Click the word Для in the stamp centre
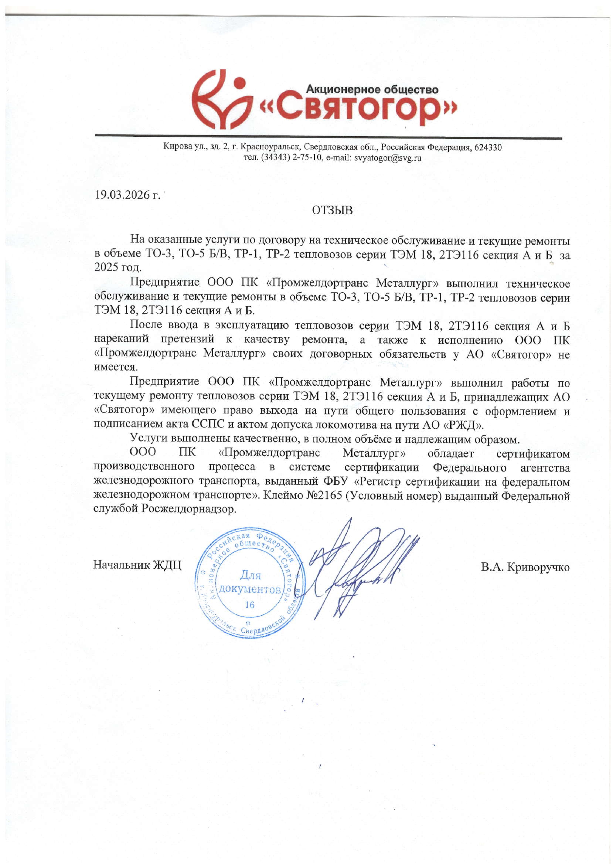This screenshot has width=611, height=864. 250,575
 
